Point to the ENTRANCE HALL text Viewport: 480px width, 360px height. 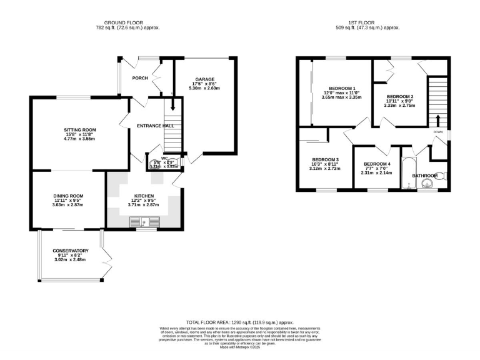155,126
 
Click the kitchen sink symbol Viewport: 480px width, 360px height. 144,221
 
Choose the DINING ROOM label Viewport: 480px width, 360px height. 68,196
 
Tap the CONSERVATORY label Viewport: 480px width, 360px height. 70,251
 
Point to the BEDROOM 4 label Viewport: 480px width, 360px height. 377,164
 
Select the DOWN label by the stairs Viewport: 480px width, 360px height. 439,132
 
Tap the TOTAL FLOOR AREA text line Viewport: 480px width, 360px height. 239,319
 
